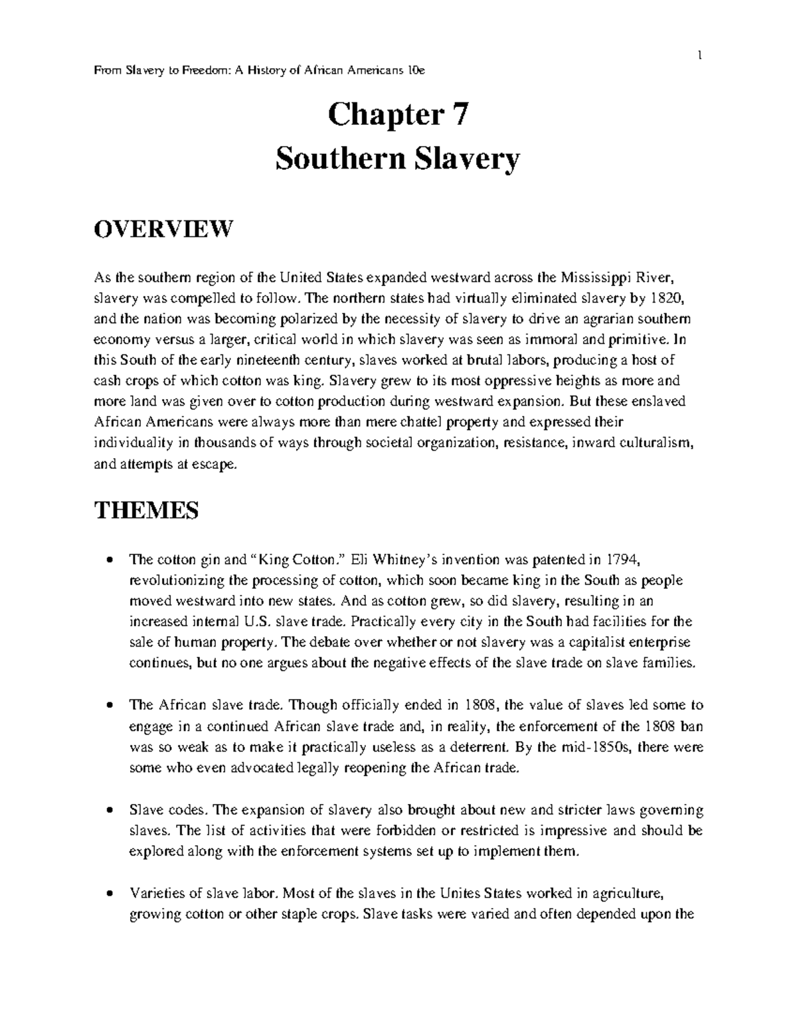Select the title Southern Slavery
pos(398,159)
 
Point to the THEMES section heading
pos(146,511)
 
